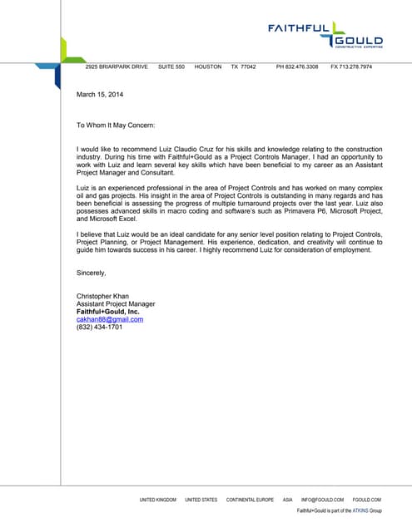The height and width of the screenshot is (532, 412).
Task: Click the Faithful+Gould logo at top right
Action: pos(325,36)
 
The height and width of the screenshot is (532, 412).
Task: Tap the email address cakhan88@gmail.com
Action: pos(110,319)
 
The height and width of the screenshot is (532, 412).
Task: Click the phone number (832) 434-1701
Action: pos(99,327)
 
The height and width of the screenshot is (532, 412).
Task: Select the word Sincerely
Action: pos(92,273)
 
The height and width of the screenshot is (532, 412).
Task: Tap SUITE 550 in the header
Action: pos(171,66)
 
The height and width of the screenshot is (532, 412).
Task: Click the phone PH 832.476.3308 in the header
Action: pos(297,66)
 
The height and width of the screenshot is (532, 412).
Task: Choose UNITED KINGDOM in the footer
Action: pos(158,500)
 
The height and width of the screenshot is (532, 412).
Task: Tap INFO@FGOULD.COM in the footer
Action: pos(322,500)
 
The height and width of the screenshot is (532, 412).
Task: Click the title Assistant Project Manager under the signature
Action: pos(116,304)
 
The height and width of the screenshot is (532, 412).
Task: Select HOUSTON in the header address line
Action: pos(208,66)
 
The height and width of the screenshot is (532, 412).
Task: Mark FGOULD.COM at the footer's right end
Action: pos(367,500)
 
